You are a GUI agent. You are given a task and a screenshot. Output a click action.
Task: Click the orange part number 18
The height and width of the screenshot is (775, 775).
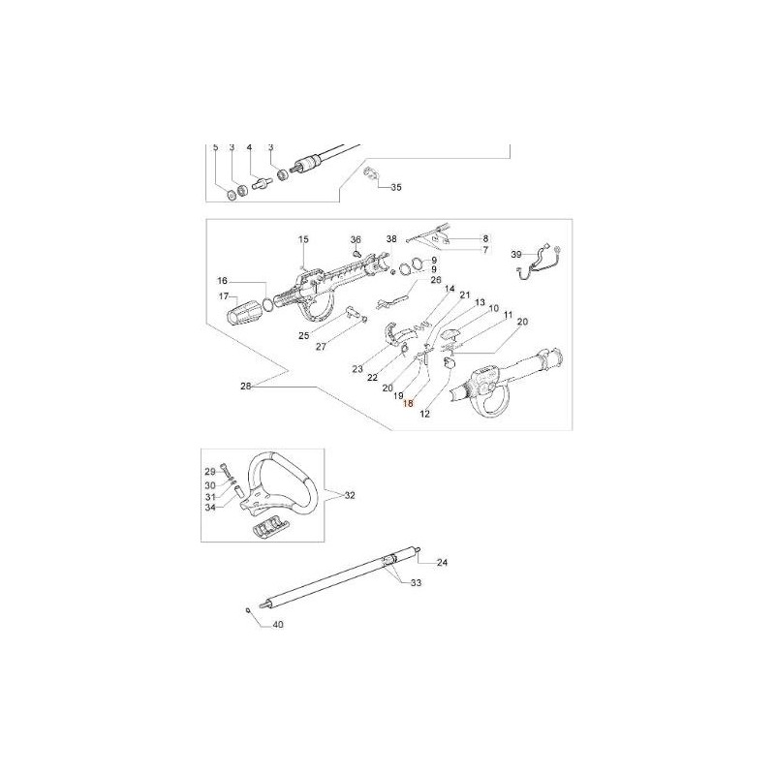[408, 404]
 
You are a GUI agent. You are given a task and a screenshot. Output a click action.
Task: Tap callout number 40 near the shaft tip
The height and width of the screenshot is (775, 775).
[278, 625]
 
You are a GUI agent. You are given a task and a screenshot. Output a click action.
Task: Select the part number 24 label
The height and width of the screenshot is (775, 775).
[443, 563]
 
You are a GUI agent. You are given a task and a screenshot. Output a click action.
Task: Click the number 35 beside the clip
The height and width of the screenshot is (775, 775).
[396, 187]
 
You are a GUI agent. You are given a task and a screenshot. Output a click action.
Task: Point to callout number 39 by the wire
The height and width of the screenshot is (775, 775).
[516, 255]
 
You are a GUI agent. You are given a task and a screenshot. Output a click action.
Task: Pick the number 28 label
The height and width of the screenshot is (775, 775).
[246, 387]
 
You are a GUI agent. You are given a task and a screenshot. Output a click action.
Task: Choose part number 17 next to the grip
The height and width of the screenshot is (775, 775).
[224, 296]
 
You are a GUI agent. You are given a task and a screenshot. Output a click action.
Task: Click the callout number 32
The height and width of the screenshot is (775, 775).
[350, 495]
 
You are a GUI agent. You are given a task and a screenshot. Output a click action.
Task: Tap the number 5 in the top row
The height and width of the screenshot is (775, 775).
[215, 147]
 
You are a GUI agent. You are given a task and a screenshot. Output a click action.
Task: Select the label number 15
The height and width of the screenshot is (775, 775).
[303, 239]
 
